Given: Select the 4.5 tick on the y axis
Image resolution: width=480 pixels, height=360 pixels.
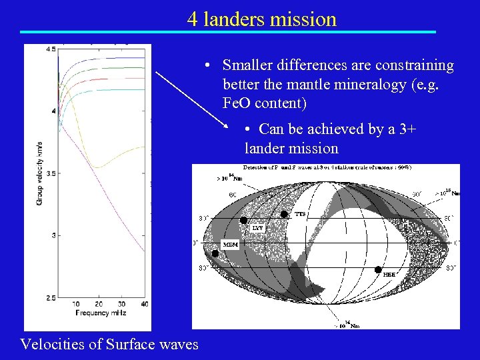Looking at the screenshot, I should [x=51, y=49].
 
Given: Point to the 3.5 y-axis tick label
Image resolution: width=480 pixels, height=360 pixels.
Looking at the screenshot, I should [x=51, y=173].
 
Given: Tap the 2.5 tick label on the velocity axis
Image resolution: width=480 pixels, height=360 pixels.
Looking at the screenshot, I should [x=51, y=297].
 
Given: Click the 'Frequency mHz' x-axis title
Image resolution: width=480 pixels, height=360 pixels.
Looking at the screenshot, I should [x=101, y=313].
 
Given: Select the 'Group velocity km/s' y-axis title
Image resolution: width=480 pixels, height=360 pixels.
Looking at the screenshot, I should [x=39, y=173].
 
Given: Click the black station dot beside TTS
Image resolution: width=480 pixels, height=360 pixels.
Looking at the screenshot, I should [x=284, y=214].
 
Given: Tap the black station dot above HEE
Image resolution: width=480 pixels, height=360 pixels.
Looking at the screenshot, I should [x=378, y=270].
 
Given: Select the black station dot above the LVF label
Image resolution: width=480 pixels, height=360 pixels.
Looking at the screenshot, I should [x=243, y=220].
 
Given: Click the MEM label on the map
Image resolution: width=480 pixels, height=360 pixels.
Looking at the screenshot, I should [x=230, y=245].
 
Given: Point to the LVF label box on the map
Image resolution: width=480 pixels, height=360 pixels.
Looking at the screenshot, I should [x=257, y=228].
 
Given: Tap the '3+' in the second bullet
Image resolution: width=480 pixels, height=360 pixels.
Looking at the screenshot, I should [x=406, y=129].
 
